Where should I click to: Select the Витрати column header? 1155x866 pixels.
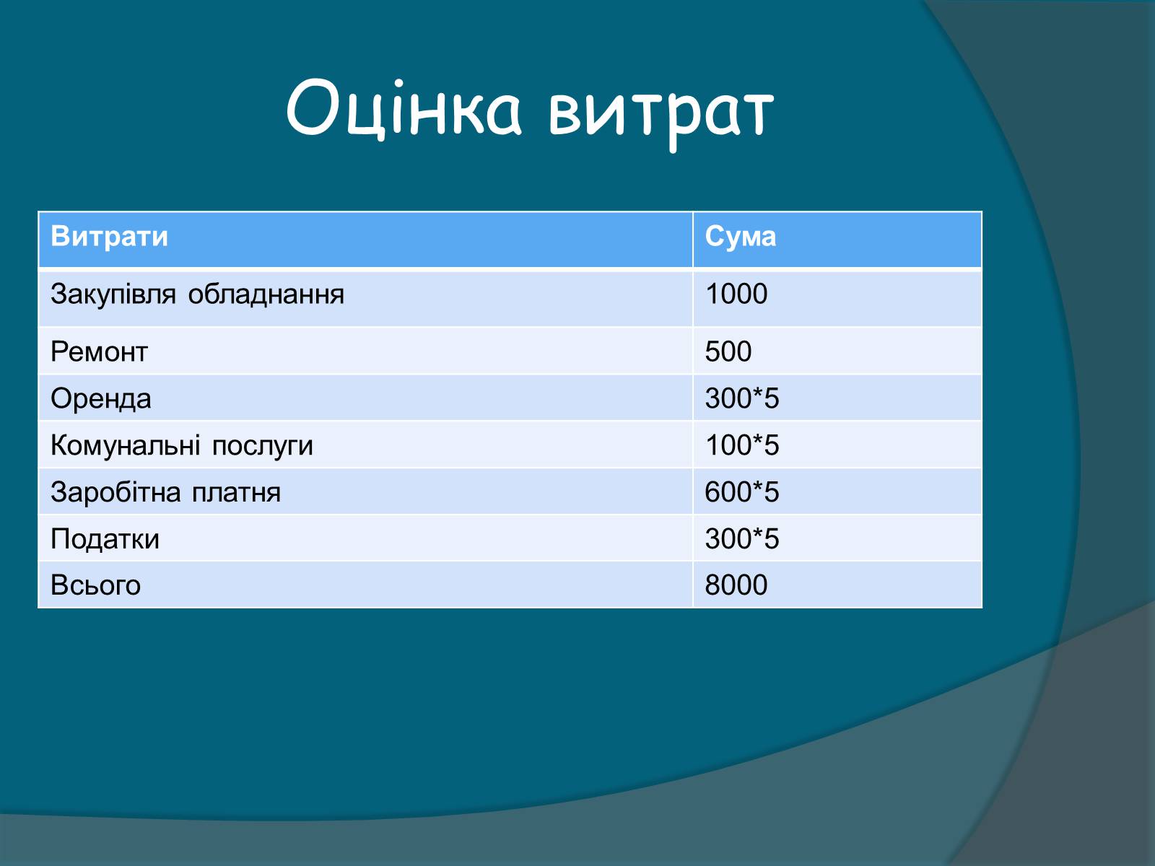pos(110,236)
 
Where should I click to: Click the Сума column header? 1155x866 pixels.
pos(741,237)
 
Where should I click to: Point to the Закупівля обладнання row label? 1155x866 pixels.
pos(197,294)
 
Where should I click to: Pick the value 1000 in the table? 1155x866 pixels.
pos(736,294)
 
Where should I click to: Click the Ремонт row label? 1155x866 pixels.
pos(99,351)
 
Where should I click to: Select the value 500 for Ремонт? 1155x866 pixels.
pos(728,351)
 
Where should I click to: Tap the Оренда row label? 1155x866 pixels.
pos(101,398)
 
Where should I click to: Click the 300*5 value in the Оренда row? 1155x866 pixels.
pos(742,398)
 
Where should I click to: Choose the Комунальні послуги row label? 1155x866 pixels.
pos(181,446)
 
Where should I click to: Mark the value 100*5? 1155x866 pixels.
pos(742,445)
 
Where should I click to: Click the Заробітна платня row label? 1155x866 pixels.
pos(166,492)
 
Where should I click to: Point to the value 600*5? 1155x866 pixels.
pos(742,491)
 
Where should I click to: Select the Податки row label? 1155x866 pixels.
pos(105,540)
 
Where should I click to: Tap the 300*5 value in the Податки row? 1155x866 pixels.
pos(742,538)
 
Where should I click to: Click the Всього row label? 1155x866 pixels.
pos(96,585)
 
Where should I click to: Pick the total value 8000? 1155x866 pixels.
pos(736,585)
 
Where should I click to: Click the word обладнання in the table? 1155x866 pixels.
pos(266,294)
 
